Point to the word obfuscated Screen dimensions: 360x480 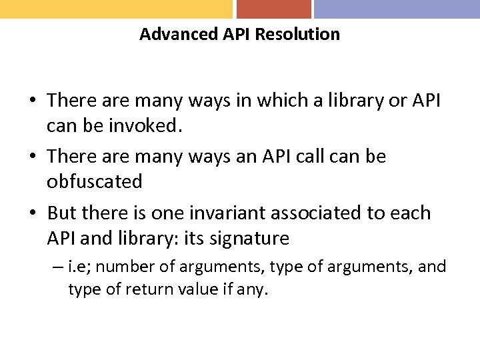(95, 181)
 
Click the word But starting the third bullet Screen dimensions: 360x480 (63, 213)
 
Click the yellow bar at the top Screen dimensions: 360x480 (116, 9)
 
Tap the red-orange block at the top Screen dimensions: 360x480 (274, 9)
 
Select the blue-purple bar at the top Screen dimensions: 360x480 (397, 9)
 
